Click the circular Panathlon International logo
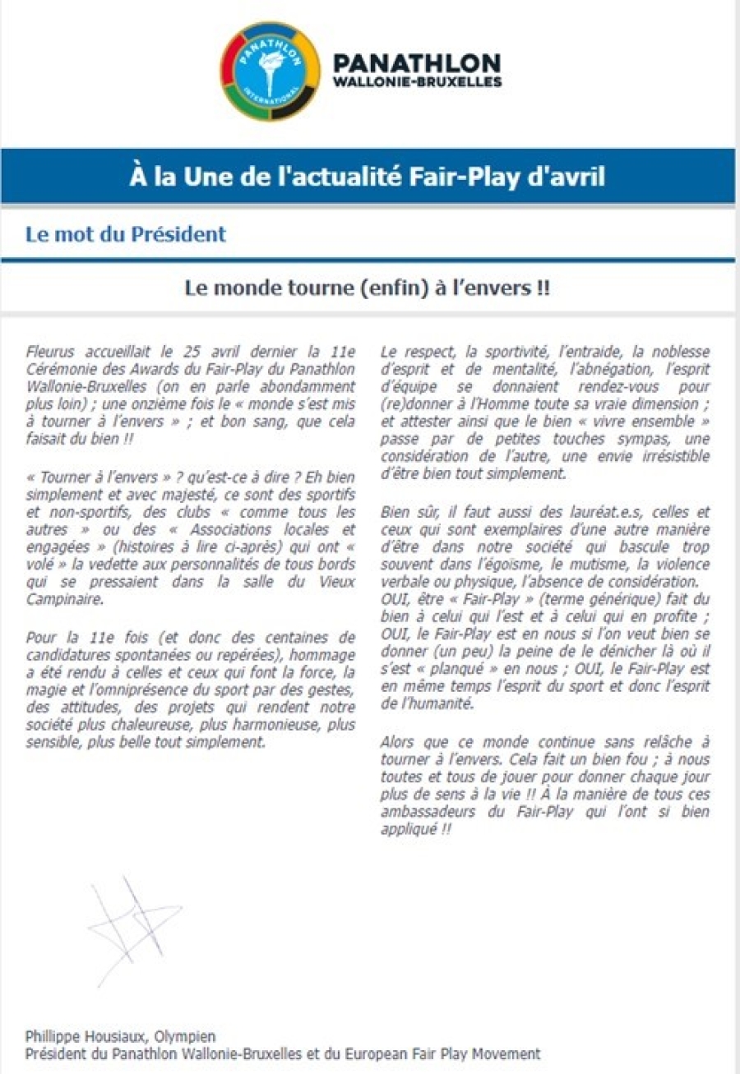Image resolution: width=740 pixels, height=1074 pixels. coord(269,71)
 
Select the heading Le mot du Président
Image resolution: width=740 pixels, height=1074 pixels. coord(125,234)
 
